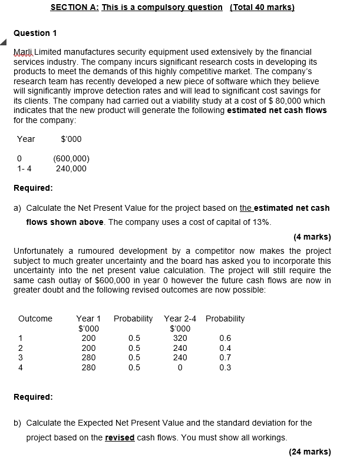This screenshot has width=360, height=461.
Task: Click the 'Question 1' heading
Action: point(35,33)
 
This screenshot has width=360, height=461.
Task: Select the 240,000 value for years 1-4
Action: point(71,168)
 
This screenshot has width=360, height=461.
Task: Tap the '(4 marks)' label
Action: point(312,238)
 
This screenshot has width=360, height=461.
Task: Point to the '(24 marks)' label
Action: point(310,452)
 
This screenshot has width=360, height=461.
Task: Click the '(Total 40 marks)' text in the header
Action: point(262,7)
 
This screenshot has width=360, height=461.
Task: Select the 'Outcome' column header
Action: point(35,319)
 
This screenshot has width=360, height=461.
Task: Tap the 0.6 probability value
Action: point(225,338)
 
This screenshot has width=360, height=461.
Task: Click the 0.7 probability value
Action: point(225,357)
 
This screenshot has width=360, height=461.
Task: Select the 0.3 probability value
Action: point(225,367)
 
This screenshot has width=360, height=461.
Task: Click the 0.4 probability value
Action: point(225,348)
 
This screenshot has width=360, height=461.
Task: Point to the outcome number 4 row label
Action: point(21,367)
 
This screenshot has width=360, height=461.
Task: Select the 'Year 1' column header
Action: point(88,319)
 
